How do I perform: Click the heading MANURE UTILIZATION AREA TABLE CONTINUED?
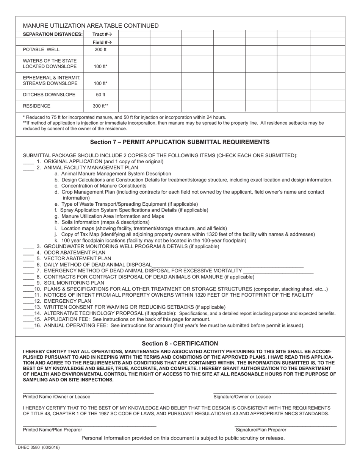click(91, 26)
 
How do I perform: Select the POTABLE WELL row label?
click(41, 50)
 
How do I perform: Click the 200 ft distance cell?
click(100, 50)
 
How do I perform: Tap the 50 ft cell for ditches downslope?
click(100, 95)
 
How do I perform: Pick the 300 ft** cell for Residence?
click(100, 106)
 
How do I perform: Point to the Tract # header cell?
click(100, 34)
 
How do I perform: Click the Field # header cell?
click(100, 42)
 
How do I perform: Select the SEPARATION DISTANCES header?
click(53, 34)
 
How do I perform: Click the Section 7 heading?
click(180, 142)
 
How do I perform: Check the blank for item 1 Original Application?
click(28, 162)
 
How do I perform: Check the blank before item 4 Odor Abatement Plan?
click(28, 253)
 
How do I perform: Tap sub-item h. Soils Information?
click(102, 222)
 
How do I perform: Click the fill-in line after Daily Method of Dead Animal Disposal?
click(227, 265)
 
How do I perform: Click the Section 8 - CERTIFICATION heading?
click(180, 344)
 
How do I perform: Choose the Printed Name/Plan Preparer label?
click(52, 430)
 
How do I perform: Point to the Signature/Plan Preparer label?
click(261, 430)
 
